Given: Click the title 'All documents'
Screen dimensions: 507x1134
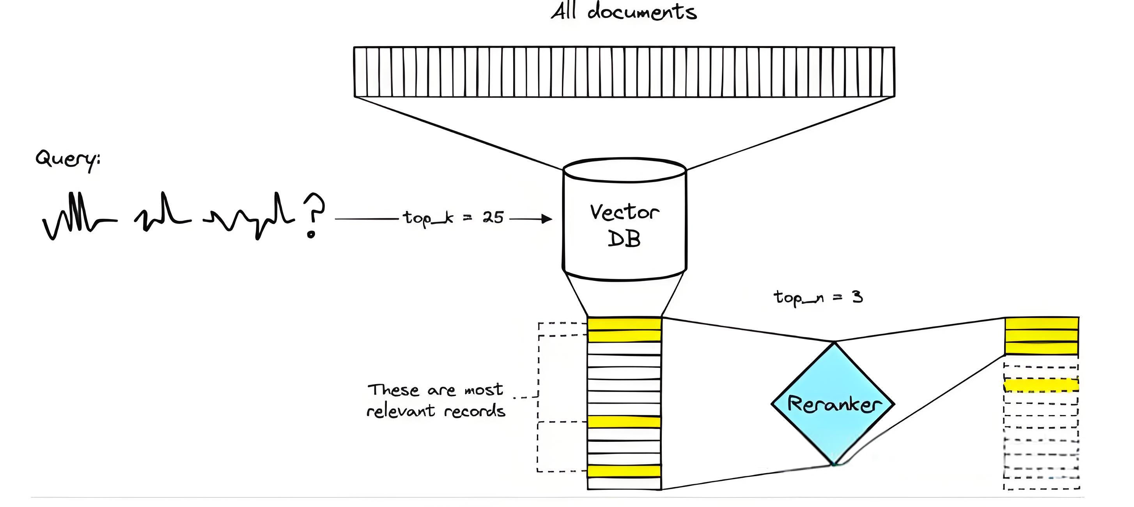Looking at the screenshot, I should pos(624,11).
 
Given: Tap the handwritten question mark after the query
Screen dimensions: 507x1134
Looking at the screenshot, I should pos(314,215).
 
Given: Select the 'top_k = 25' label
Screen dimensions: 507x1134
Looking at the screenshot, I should pos(454,217).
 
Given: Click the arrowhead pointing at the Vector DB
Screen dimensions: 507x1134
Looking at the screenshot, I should pos(547,218).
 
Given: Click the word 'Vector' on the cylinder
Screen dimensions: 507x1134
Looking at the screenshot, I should pos(624,212).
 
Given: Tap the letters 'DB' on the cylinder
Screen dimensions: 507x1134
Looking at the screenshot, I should pos(624,239).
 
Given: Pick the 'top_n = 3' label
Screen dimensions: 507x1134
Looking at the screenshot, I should pos(818,298).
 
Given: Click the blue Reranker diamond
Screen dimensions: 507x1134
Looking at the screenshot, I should pos(833,404).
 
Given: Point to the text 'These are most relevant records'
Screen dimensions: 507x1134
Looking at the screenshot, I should pos(436,400).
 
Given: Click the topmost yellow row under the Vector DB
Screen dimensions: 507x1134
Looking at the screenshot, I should pos(624,324).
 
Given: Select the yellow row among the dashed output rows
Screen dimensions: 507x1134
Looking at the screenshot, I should pos(1041,385).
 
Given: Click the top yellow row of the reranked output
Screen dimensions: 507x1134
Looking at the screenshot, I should pos(1042,323).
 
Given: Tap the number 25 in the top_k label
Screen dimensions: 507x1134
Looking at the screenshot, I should pos(493,217).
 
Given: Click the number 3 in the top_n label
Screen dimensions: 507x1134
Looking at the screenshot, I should pos(857,297).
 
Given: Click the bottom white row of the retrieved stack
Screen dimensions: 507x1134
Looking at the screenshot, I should pos(624,484).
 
